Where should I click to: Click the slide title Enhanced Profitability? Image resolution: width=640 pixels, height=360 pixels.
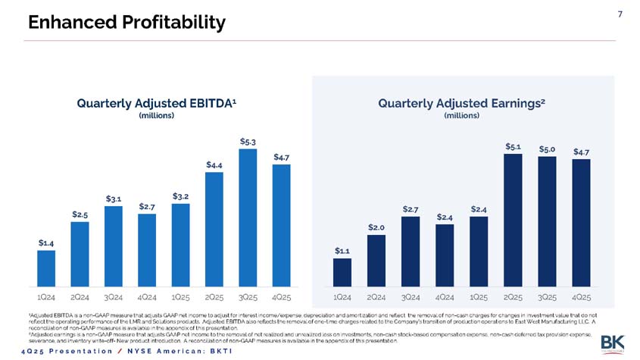click(126, 23)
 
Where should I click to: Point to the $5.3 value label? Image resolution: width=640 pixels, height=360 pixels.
click(248, 141)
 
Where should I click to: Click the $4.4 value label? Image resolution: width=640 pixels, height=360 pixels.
click(214, 164)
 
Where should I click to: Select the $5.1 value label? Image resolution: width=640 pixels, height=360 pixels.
click(513, 146)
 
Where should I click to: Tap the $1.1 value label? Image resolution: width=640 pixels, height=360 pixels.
click(342, 250)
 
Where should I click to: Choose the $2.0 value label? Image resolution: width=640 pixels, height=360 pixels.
click(376, 227)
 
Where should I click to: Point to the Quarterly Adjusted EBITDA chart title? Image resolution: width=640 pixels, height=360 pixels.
click(157, 102)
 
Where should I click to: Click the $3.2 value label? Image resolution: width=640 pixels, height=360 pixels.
click(180, 196)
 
